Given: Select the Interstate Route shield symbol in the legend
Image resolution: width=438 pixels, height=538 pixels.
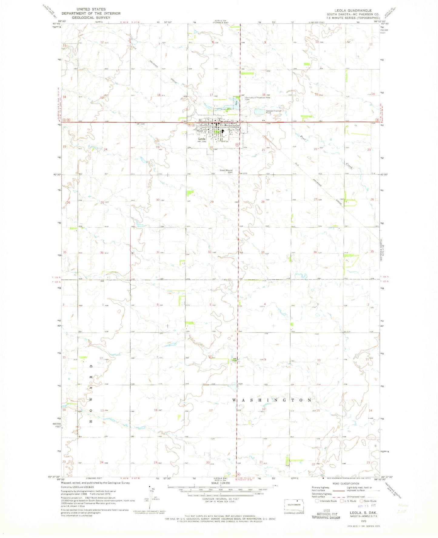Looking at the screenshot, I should [x=317, y=501].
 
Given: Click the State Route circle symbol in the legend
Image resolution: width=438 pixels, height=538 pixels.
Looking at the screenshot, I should [x=362, y=501].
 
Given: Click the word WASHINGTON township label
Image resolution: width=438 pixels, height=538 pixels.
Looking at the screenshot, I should [x=272, y=400].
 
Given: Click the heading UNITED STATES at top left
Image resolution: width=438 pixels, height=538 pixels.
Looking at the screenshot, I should [x=91, y=9].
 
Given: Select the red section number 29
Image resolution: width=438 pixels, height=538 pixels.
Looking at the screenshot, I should [x=212, y=202].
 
